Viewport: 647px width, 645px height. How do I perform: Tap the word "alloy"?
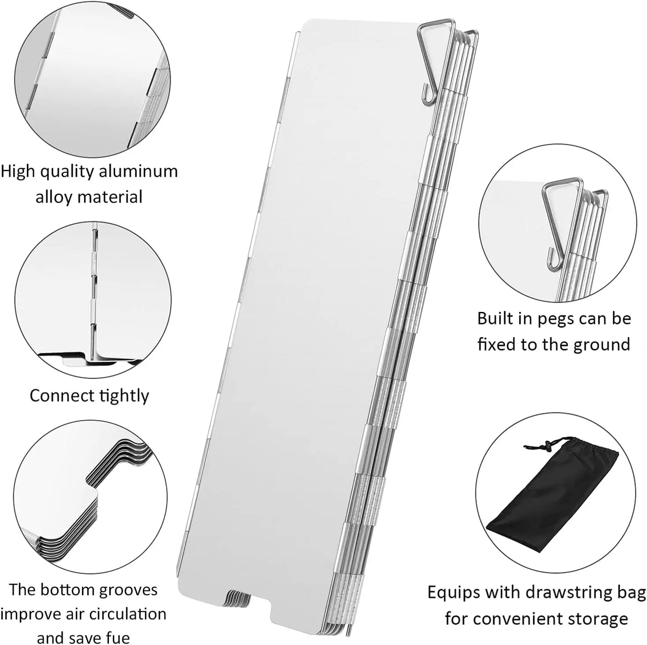point(56,197)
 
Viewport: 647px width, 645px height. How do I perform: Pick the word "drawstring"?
point(575,593)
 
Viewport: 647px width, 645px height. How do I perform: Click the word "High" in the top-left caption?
point(18,171)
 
